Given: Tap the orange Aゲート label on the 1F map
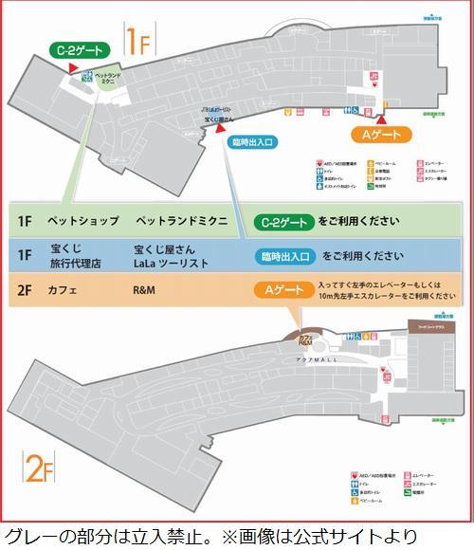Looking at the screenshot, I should [379, 134].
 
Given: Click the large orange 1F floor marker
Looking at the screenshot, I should [137, 41].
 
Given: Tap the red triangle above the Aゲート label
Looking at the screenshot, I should [380, 119].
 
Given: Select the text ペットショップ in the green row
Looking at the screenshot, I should [83, 221].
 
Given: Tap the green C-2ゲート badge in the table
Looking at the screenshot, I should [282, 222].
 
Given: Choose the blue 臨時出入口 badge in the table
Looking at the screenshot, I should [285, 256].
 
